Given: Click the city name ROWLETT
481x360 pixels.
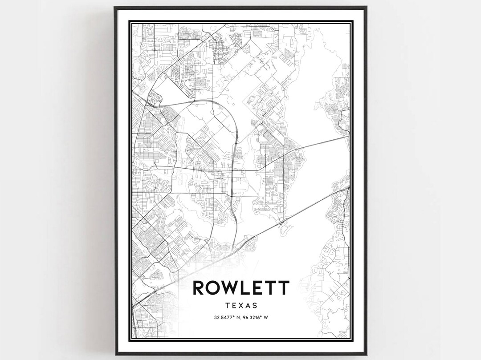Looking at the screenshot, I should (240, 288).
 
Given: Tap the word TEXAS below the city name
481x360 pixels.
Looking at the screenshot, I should (241, 306).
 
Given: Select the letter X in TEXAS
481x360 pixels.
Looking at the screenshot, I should (241, 306).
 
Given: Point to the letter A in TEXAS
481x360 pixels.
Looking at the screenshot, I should (248, 306).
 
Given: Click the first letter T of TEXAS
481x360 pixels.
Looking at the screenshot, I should (227, 306).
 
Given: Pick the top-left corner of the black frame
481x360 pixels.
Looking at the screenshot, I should (115, 7).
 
